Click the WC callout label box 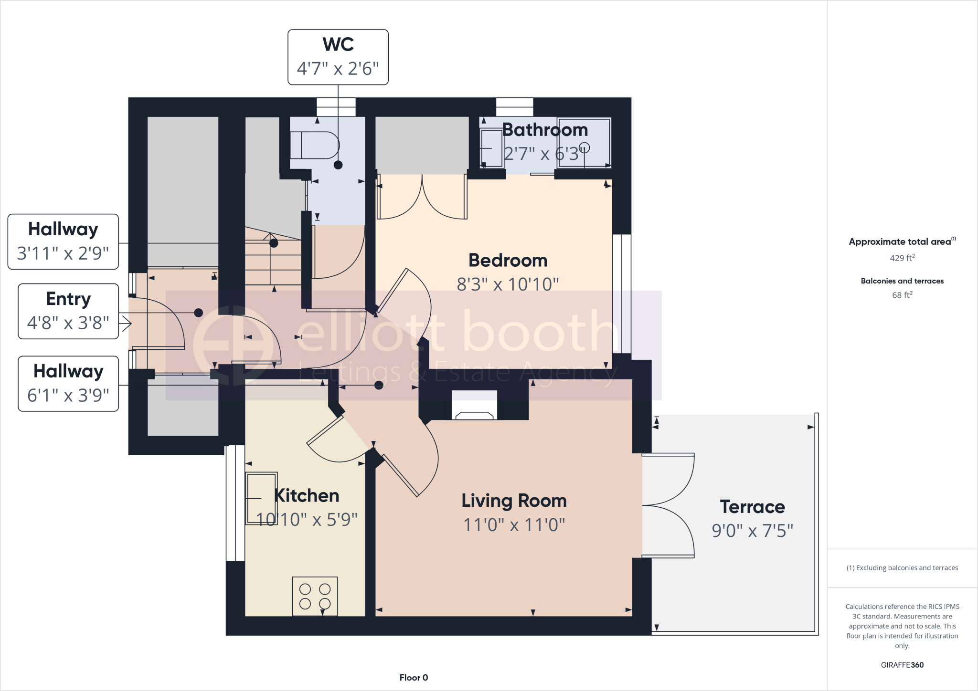tap(338, 57)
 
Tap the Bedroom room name tap(508, 261)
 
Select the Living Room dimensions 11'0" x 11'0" tap(514, 525)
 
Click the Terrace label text tap(752, 507)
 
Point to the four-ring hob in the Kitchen tap(315, 596)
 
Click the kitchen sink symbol tap(261, 498)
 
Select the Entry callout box tap(68, 311)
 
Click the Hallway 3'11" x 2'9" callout tap(63, 241)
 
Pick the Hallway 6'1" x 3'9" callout tap(68, 384)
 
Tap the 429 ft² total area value tap(902, 258)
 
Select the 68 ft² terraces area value tap(902, 295)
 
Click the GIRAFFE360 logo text tap(902, 665)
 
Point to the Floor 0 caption tap(414, 678)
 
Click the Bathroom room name tap(545, 130)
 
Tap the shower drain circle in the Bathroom tap(585, 147)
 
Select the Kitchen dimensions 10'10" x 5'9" tap(307, 519)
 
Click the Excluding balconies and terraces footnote tap(902, 568)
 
